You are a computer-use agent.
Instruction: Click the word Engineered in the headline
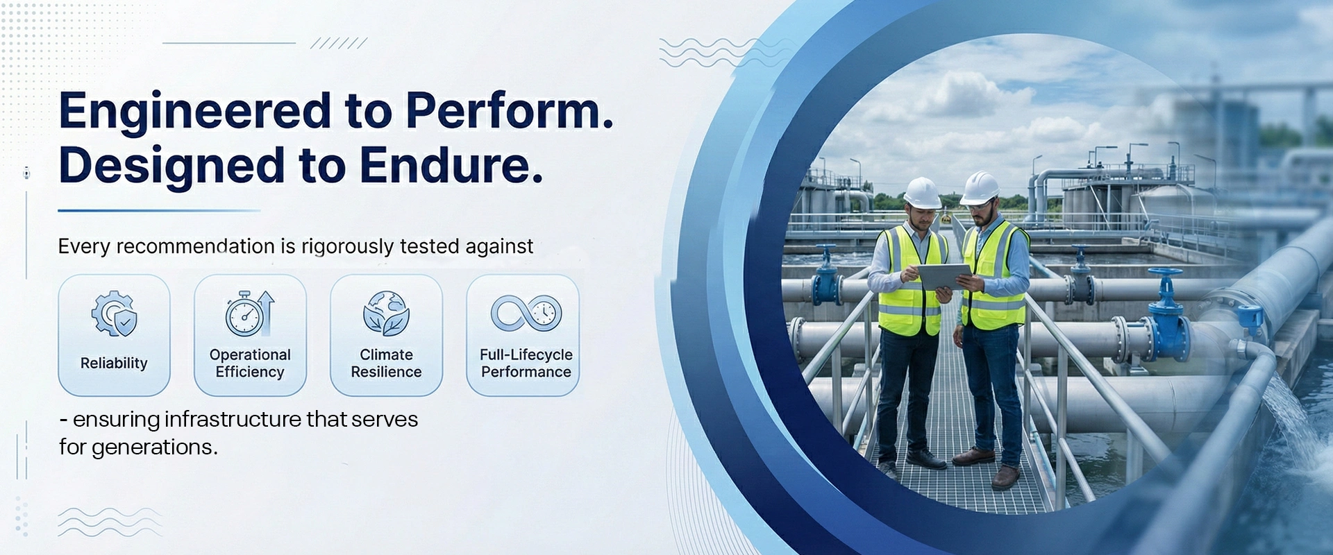[195, 111]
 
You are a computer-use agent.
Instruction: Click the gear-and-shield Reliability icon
[115, 314]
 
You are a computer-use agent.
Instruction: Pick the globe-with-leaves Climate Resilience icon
[386, 314]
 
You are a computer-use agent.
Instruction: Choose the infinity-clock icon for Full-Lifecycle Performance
[526, 313]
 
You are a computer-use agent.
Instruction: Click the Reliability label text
[114, 364]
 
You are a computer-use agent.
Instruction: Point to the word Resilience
[386, 372]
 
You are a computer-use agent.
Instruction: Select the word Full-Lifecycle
[526, 355]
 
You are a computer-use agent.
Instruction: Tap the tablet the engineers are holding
[945, 276]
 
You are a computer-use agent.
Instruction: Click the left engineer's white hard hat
[923, 192]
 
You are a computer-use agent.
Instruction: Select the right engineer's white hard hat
[979, 187]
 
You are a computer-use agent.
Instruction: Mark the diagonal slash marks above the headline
[339, 43]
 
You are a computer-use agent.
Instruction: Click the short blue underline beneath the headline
[159, 210]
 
